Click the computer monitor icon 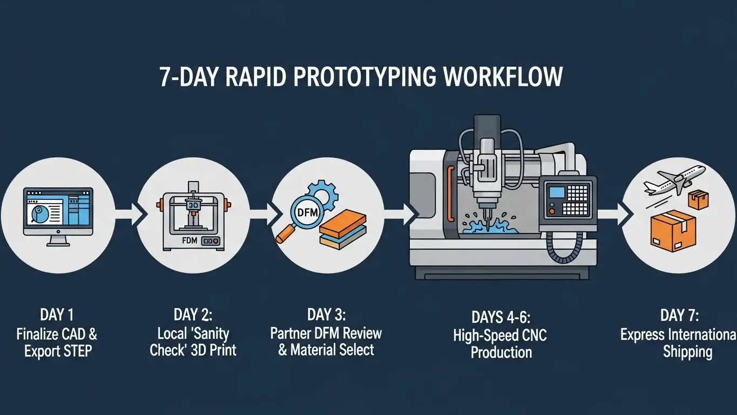coord(58,214)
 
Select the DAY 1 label coord(57,315)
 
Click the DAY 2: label coord(193,315)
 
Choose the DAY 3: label coord(326,314)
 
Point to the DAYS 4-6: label coord(501,317)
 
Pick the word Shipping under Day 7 coord(687,352)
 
